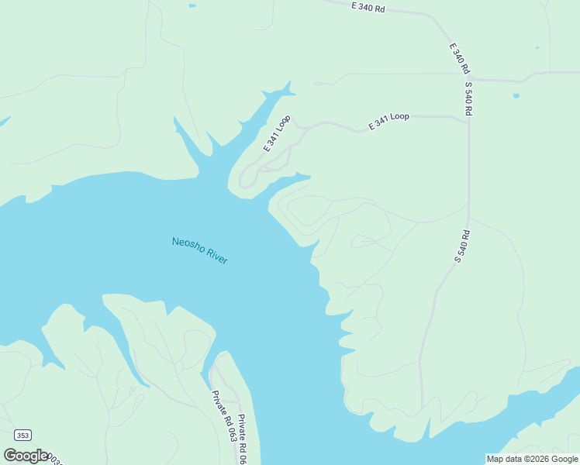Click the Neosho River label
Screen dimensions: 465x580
point(199,250)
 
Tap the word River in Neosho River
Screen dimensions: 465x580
point(216,257)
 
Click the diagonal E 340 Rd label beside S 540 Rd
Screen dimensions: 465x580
point(460,57)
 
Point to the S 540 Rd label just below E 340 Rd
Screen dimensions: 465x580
point(469,98)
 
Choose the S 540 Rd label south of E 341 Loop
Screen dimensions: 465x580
point(462,246)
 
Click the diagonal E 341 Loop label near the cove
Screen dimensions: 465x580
point(277,133)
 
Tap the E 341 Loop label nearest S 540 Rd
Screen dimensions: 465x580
point(389,121)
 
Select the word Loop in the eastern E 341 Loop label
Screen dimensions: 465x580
point(399,117)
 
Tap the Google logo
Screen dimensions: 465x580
point(26,455)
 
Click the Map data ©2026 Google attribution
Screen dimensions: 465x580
point(532,459)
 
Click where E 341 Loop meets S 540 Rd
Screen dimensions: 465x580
point(468,122)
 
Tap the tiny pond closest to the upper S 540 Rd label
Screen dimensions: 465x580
point(516,96)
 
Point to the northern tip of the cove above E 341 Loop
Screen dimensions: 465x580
point(290,81)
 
